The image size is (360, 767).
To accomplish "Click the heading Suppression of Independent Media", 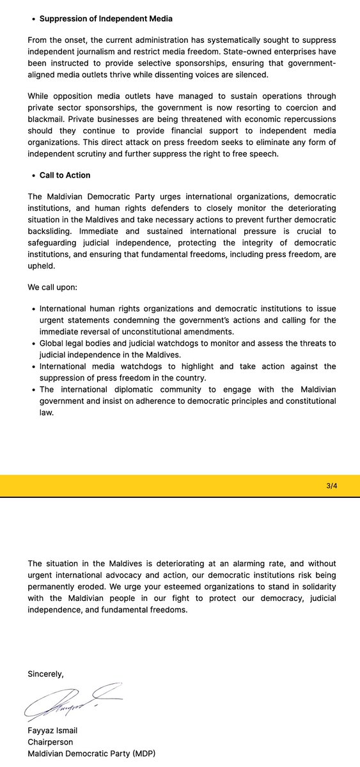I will pos(106,19).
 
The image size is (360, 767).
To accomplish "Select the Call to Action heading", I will pos(65,175).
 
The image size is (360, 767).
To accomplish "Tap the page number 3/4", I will pos(331,486).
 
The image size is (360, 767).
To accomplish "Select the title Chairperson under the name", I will pos(51,742).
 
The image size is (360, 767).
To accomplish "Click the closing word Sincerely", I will pos(45,674).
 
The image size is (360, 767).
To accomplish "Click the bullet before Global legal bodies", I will pos(33,343).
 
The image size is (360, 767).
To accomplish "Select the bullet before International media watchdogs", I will pos(33,366).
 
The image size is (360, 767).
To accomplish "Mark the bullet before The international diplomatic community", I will pos(33,389).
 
